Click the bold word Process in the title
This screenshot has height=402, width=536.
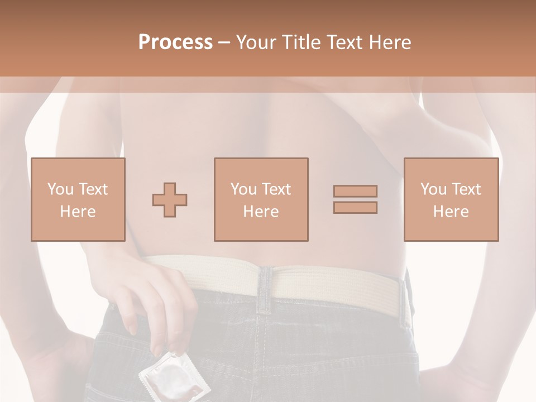[x=175, y=42]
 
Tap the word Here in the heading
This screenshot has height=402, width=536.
[x=390, y=42]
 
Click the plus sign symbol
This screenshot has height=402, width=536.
[x=170, y=199]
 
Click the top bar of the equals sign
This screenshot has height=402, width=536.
[x=355, y=191]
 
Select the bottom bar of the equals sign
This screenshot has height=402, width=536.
[x=355, y=208]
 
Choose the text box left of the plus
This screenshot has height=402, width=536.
[x=78, y=199]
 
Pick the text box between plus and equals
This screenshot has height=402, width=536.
[x=261, y=199]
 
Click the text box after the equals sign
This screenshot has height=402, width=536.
[x=451, y=199]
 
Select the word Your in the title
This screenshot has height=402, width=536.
[x=256, y=42]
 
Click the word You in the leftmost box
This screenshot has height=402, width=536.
[x=60, y=189]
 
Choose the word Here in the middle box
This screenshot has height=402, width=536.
[x=261, y=212]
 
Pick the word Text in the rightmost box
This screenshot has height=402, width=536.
[x=465, y=189]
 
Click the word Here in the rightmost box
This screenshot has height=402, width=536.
[x=451, y=212]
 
